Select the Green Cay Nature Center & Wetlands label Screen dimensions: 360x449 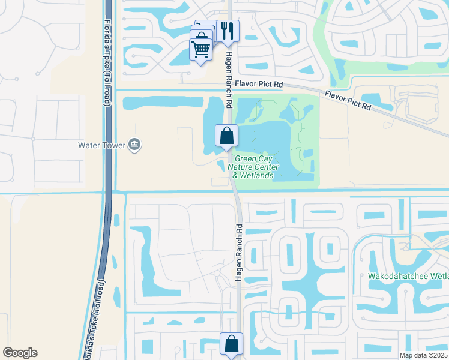click(252, 167)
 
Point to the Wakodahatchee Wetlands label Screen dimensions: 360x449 click(408, 277)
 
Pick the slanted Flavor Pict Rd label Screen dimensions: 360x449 click(348, 100)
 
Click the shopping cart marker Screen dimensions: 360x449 click(200, 49)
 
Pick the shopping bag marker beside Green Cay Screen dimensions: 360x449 click(227, 136)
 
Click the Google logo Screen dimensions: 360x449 click(20, 352)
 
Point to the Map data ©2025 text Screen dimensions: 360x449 click(423, 355)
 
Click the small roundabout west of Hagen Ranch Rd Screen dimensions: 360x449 click(215, 274)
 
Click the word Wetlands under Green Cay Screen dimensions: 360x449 click(258, 176)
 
